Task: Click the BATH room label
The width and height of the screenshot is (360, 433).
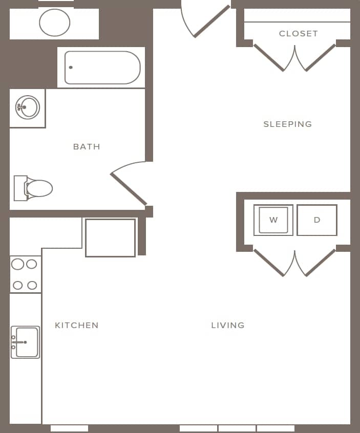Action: coord(87,146)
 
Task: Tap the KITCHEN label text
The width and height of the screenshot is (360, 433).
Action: coord(77,325)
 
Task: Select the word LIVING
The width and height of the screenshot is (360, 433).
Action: coord(228,325)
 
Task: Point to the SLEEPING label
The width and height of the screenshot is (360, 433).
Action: coord(287,124)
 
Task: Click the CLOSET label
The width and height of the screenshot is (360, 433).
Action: coord(299,34)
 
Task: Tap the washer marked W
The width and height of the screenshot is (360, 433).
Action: coord(273,220)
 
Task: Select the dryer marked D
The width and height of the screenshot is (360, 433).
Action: coord(317,220)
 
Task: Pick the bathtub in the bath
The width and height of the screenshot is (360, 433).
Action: coord(102,68)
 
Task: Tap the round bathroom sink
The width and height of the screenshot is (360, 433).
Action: coord(27,107)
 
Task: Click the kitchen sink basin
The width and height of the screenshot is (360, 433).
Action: coord(26,342)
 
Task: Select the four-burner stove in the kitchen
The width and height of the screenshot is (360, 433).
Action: coord(25,274)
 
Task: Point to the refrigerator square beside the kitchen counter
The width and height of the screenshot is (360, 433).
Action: coord(110,237)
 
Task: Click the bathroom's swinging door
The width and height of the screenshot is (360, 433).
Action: coord(129,188)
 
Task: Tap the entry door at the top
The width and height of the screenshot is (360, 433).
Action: coord(211,21)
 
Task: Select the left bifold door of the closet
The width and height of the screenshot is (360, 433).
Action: coord(269,58)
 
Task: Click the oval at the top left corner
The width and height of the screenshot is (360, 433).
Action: coord(54,23)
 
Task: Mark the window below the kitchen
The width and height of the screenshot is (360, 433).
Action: coord(69,428)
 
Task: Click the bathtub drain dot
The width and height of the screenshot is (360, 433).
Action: coord(71,68)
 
